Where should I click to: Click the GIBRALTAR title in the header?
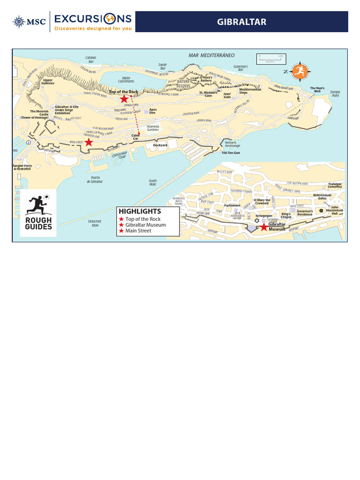(x=241, y=22)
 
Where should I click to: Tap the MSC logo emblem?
(x=19, y=22)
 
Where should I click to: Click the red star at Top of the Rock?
(x=124, y=99)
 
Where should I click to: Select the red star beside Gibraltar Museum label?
(x=264, y=227)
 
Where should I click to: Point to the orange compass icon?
(x=300, y=71)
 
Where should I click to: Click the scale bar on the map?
(x=270, y=59)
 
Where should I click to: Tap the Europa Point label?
(x=335, y=93)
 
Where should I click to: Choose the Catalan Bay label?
(x=91, y=60)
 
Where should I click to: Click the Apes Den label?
(x=153, y=112)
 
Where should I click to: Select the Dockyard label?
(x=160, y=145)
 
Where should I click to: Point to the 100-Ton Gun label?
(x=231, y=153)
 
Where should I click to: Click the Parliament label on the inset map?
(x=232, y=205)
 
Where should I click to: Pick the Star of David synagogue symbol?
(x=256, y=221)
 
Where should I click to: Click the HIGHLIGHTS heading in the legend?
(x=140, y=211)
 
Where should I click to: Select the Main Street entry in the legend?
(x=138, y=231)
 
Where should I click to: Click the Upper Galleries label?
(x=48, y=82)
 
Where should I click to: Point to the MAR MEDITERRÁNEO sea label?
(x=211, y=55)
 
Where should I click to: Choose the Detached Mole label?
(x=95, y=223)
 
